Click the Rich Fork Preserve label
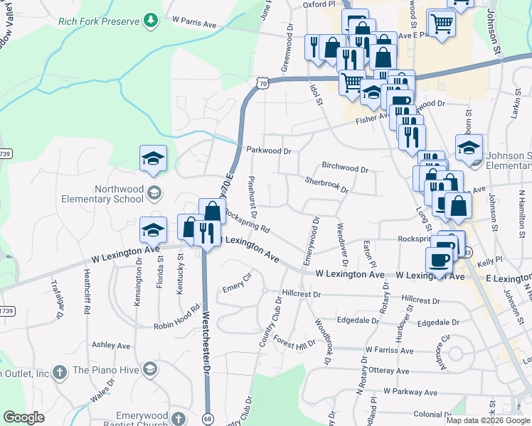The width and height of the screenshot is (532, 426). [100, 21]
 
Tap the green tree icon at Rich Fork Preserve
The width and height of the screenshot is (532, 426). [149, 21]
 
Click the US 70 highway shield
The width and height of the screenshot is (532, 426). [263, 84]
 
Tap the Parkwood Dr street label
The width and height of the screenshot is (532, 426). [270, 151]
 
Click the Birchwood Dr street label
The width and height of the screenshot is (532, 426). [345, 170]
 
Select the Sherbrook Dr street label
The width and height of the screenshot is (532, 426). [326, 185]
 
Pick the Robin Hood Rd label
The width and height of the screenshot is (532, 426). [177, 319]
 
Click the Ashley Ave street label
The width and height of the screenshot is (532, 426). [111, 345]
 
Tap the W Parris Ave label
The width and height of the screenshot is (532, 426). [193, 23]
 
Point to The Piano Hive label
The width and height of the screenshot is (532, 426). [106, 370]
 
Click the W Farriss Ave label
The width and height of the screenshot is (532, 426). [389, 350]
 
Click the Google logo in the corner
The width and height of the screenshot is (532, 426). [23, 417]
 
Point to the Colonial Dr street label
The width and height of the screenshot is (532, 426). [438, 415]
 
